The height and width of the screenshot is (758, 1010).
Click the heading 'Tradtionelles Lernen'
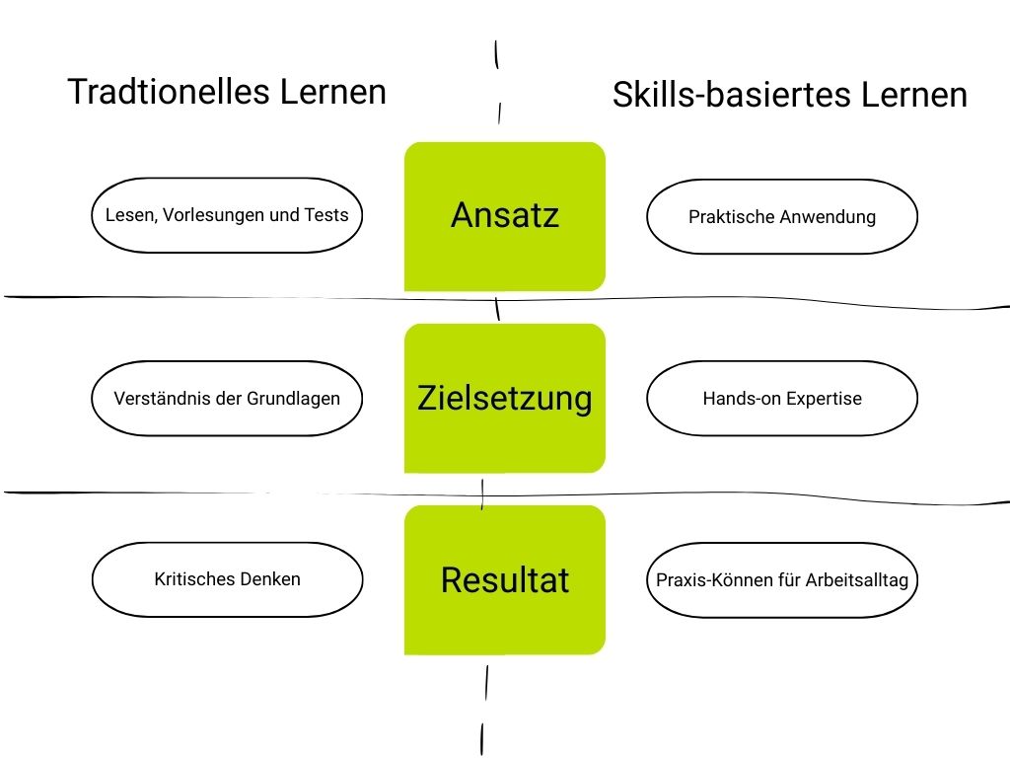[227, 92]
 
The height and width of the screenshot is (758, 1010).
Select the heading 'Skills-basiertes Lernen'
[789, 95]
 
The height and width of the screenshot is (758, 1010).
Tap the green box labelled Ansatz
[504, 216]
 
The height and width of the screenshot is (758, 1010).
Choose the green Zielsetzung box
[504, 398]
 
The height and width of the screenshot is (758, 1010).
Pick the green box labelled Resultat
[504, 579]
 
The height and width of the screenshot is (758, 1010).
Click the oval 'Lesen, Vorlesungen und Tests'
[227, 215]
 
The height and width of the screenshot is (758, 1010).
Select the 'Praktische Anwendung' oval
[782, 217]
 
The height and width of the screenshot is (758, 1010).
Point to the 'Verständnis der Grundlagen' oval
[227, 399]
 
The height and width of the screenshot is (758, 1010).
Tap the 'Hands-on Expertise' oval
[782, 399]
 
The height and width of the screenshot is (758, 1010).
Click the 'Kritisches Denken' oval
[227, 579]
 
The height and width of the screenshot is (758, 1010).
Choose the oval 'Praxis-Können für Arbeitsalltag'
[782, 579]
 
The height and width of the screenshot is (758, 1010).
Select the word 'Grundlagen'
[294, 399]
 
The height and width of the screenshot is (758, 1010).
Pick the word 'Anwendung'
[827, 217]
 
